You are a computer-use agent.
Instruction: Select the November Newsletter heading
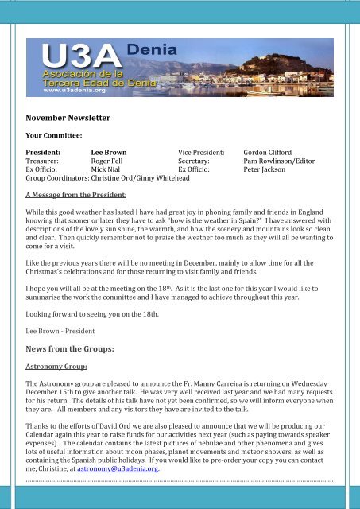67,118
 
